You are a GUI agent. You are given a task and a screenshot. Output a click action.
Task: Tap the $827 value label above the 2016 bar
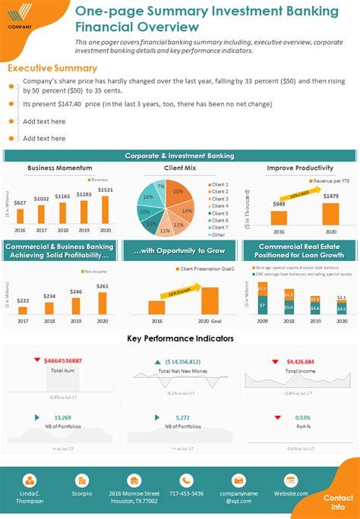coord(20,203)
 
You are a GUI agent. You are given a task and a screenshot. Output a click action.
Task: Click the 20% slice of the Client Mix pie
coord(177,193)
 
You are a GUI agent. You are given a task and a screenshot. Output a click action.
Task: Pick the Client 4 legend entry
coord(219,206)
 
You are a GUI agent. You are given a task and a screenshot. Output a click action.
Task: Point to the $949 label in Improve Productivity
coord(279,204)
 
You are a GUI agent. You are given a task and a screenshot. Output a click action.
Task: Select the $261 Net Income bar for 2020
coord(103,303)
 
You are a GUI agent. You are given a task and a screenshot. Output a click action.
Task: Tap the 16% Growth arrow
coord(182,290)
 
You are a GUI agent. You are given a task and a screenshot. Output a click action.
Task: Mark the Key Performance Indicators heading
coord(180,338)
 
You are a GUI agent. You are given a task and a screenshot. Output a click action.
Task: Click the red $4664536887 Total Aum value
coord(63,360)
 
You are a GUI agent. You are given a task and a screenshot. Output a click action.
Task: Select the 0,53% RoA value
coord(302,417)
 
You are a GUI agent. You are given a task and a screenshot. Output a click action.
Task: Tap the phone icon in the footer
coord(186,480)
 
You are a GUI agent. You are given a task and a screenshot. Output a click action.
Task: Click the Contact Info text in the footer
coord(338,502)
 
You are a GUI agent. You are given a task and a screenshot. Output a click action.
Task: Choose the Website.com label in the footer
coord(291,493)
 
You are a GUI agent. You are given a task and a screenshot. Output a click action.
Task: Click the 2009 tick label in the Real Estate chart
coord(262,322)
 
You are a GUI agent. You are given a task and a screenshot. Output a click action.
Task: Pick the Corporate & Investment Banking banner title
coord(180,156)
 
